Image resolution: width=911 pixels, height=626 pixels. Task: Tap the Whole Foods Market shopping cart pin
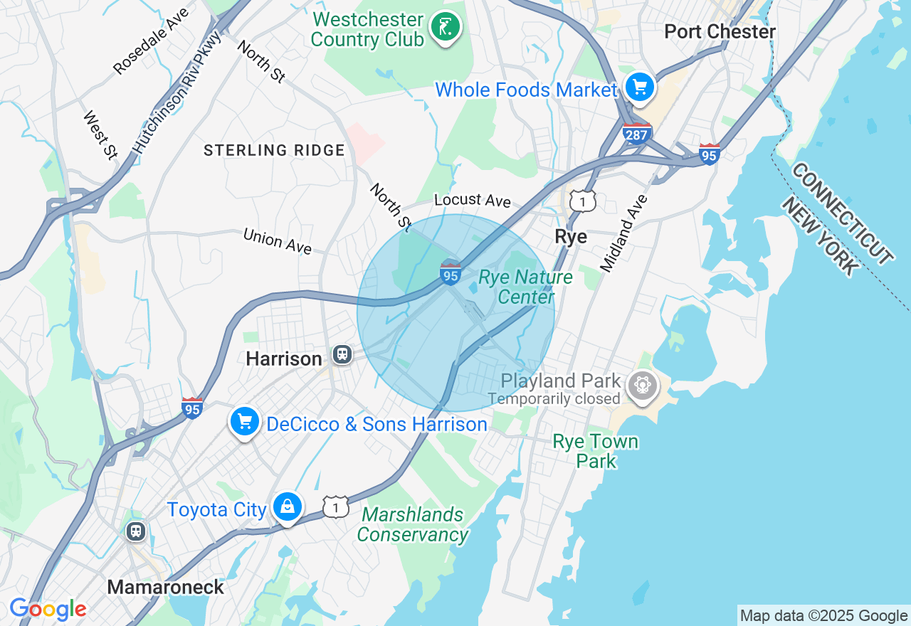[x=639, y=87]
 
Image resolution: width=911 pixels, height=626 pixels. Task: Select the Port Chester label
[x=720, y=32]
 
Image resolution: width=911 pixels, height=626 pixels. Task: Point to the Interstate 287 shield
[x=636, y=133]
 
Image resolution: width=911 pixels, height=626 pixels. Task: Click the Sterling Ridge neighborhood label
[x=274, y=150]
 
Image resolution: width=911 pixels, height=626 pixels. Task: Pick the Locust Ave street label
[x=473, y=200]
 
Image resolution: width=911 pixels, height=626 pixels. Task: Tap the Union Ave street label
[x=277, y=241]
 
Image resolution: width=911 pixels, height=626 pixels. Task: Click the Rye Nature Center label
[x=525, y=287]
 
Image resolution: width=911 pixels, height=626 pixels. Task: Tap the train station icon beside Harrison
[x=342, y=354]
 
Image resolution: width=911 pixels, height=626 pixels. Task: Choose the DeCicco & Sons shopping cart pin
[x=245, y=422]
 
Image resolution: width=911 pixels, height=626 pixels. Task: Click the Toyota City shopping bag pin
[x=287, y=506]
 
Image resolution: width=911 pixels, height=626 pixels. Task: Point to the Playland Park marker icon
[x=643, y=386]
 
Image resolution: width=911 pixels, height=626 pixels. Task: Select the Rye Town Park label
[x=596, y=451]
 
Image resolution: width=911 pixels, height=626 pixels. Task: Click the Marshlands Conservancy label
[x=413, y=524]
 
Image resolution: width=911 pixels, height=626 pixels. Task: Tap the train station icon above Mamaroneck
[x=135, y=531]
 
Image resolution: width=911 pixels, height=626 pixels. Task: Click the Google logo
[x=48, y=609]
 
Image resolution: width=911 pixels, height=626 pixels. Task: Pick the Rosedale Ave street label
[x=151, y=41]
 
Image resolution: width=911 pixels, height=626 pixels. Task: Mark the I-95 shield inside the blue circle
[x=451, y=273]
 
